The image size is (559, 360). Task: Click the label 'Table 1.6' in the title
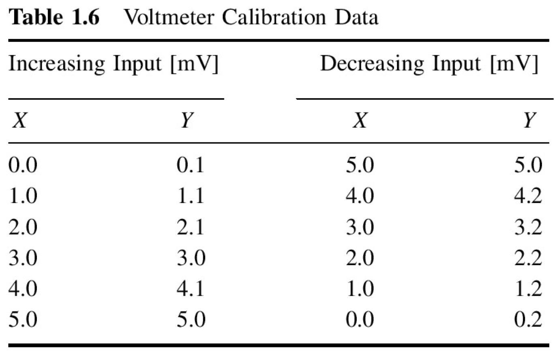click(54, 17)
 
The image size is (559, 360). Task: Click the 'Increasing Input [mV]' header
click(114, 64)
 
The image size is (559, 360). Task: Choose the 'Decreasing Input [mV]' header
click(429, 64)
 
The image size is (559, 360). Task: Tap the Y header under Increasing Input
click(187, 120)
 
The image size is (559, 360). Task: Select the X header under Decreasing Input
click(359, 120)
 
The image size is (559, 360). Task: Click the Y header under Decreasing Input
click(529, 120)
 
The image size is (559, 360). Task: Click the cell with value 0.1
click(191, 165)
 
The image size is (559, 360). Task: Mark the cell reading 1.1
click(191, 196)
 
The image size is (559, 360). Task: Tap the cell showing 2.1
click(191, 227)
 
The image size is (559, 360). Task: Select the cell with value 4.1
click(191, 289)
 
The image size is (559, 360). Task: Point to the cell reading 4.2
click(528, 196)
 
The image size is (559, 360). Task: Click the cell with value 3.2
click(528, 227)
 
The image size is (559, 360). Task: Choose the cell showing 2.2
click(528, 258)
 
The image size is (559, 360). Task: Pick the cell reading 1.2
click(528, 289)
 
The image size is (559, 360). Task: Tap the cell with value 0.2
click(528, 319)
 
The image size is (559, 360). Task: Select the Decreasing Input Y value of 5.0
click(528, 165)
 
